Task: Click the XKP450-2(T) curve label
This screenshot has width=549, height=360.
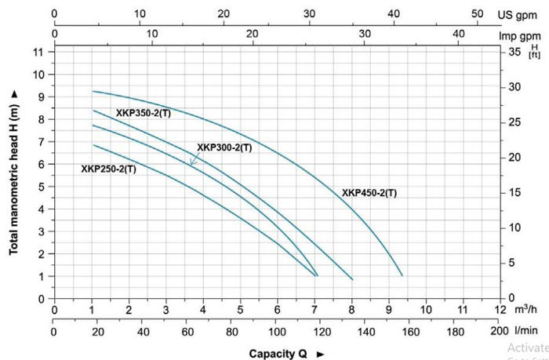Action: click(x=369, y=193)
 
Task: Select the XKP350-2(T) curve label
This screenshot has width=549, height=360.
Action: click(x=144, y=113)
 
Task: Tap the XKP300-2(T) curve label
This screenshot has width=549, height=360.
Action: click(x=224, y=147)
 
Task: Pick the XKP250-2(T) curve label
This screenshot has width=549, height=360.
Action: click(x=108, y=169)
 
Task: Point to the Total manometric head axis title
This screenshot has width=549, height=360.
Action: click(x=14, y=171)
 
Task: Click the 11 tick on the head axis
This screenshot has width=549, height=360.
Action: click(x=38, y=52)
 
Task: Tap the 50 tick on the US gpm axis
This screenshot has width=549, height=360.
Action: click(x=477, y=13)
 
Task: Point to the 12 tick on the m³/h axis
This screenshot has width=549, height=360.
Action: click(x=499, y=310)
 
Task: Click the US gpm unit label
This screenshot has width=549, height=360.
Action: click(x=518, y=14)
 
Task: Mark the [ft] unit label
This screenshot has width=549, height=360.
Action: click(x=535, y=54)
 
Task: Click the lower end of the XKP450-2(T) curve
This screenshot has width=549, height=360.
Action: click(x=402, y=275)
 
